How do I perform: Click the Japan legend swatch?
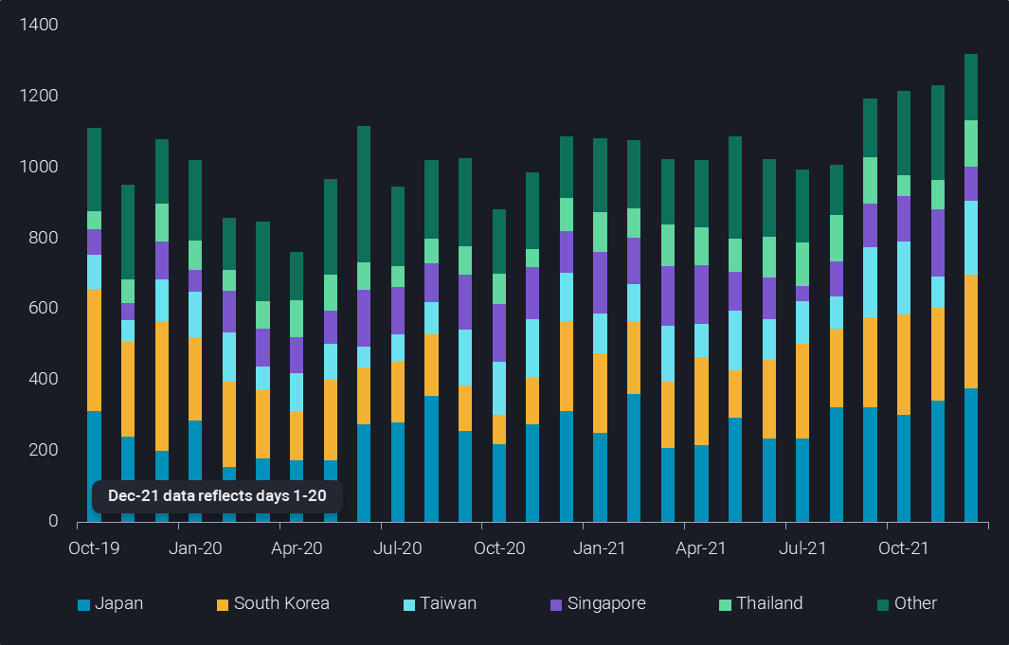(83, 604)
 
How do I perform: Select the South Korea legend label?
(281, 603)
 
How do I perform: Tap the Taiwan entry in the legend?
(448, 603)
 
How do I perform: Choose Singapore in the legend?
(606, 603)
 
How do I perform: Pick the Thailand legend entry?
(769, 603)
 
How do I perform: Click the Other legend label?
(915, 603)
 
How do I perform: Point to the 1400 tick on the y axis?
(39, 25)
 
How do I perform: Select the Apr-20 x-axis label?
(297, 547)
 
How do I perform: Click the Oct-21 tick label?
(904, 547)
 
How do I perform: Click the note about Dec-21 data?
(217, 496)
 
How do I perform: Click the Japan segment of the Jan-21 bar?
(601, 476)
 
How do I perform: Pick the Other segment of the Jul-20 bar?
(398, 226)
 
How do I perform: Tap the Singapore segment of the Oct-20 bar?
(499, 332)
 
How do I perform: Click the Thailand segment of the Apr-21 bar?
(702, 246)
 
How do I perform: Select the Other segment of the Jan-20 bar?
(195, 200)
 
